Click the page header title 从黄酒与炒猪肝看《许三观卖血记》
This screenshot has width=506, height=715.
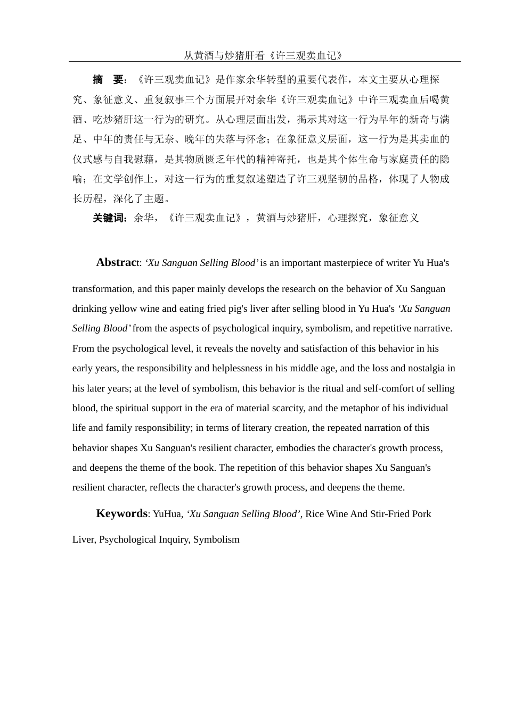coord(263,55)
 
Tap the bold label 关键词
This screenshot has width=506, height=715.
coord(109,218)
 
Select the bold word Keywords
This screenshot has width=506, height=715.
coord(121,513)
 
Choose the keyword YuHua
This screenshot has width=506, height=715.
coord(167,514)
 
